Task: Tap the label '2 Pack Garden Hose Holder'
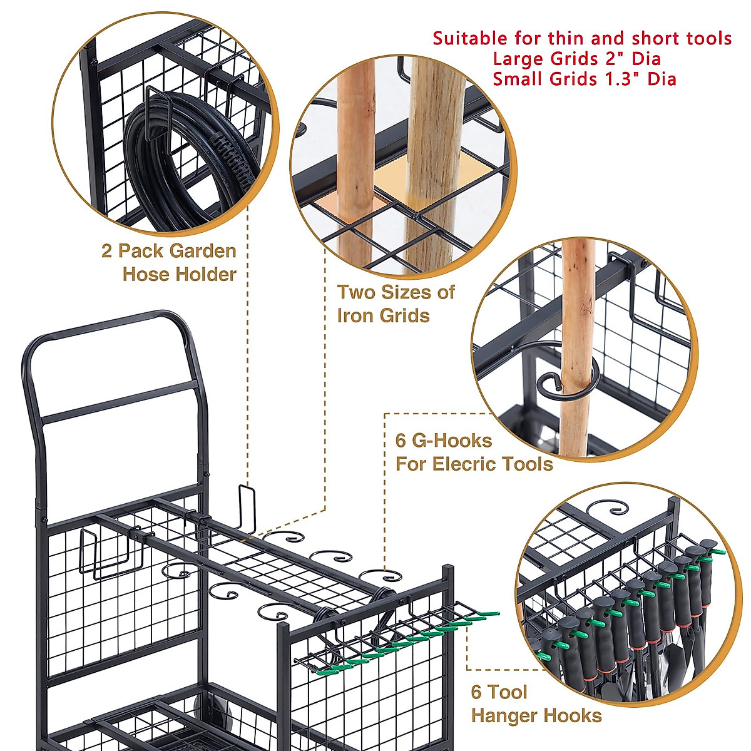[x=169, y=263]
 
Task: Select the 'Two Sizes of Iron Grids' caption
[x=396, y=304]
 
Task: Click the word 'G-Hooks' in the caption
[x=452, y=441]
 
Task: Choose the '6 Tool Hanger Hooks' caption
[x=536, y=704]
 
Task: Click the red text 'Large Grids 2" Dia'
[x=576, y=59]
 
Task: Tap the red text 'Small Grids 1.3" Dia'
[x=584, y=79]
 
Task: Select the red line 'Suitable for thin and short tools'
[x=582, y=38]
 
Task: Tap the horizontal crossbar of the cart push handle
[x=119, y=401]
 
